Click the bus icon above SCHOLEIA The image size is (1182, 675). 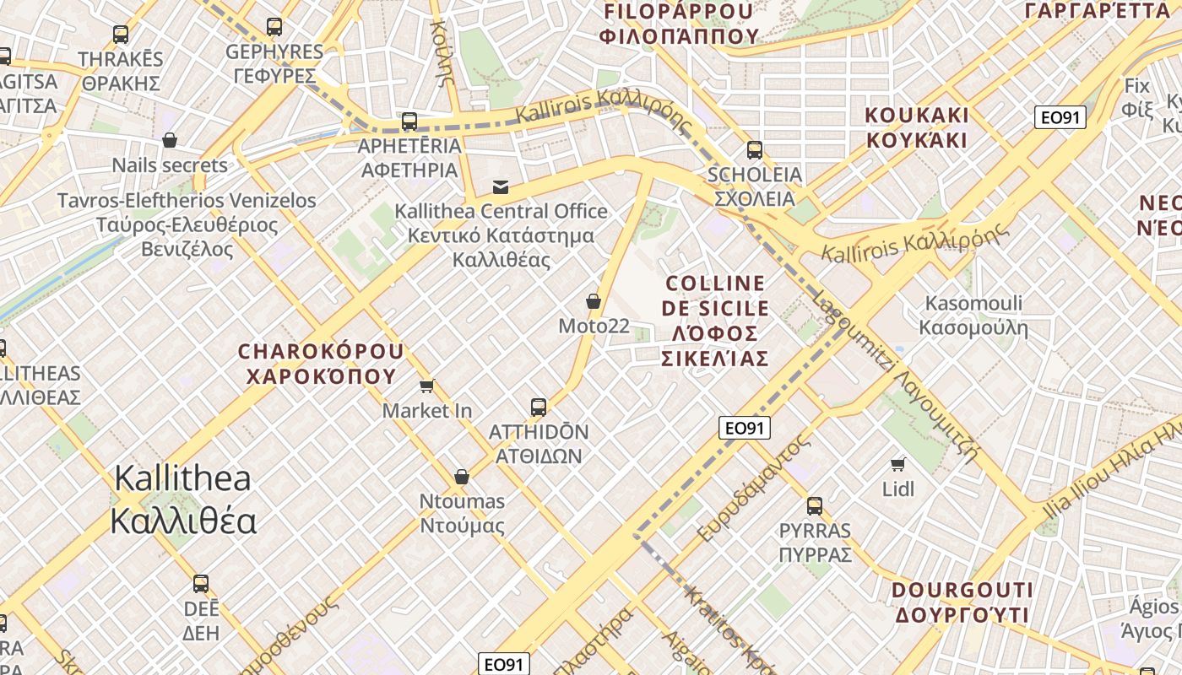pyautogui.click(x=754, y=150)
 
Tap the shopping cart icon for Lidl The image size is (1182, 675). pyautogui.click(x=898, y=464)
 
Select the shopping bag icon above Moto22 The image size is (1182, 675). pyautogui.click(x=594, y=301)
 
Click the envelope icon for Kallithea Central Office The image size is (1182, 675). pyautogui.click(x=501, y=186)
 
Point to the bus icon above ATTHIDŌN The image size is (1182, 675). pyautogui.click(x=539, y=408)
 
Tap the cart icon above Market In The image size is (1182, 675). pyautogui.click(x=426, y=386)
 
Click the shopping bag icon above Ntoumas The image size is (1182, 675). pyautogui.click(x=461, y=477)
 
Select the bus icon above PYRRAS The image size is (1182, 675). pyautogui.click(x=814, y=506)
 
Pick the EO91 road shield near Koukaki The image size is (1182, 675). pyautogui.click(x=1060, y=117)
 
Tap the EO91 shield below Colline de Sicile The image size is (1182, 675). pyautogui.click(x=745, y=428)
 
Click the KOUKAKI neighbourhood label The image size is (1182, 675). pyautogui.click(x=917, y=127)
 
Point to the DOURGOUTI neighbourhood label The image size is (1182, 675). pyautogui.click(x=962, y=602)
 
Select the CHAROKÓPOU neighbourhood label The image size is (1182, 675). pyautogui.click(x=321, y=364)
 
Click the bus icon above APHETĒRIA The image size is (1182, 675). pyautogui.click(x=409, y=121)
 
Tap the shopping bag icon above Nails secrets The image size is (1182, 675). pyautogui.click(x=170, y=140)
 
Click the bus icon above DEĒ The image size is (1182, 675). pyautogui.click(x=201, y=584)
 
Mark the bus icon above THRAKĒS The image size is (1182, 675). pyautogui.click(x=121, y=35)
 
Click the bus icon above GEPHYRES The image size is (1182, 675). pyautogui.click(x=274, y=27)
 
